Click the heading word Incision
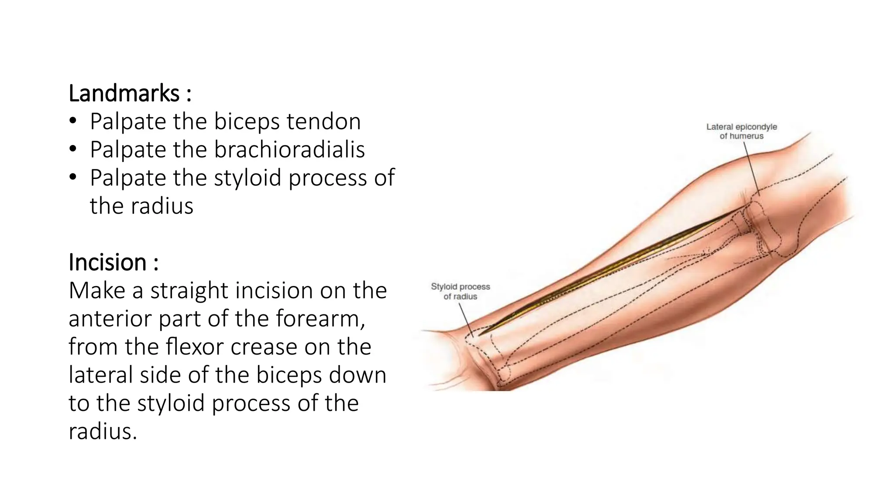pyautogui.click(x=107, y=262)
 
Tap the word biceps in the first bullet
pyautogui.click(x=246, y=121)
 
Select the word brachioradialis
pyautogui.click(x=289, y=150)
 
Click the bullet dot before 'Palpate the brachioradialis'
pyautogui.click(x=72, y=150)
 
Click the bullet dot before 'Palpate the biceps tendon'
pyautogui.click(x=72, y=121)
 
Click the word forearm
pyautogui.click(x=320, y=319)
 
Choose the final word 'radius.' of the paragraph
pyautogui.click(x=103, y=431)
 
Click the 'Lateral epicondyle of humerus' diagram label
pyautogui.click(x=742, y=131)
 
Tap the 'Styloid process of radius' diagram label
pyautogui.click(x=461, y=291)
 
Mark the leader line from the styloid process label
pyautogui.click(x=466, y=319)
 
